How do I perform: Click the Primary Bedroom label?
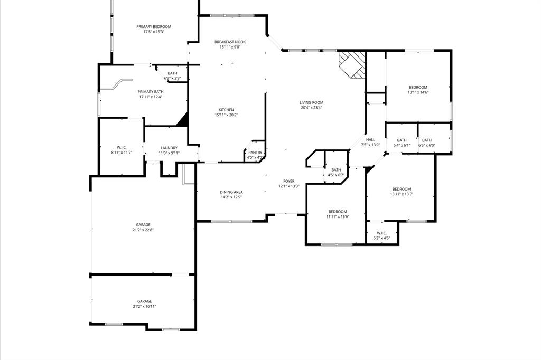pos(154,26)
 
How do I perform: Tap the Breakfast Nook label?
pos(230,42)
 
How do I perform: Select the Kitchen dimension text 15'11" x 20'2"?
pos(226,115)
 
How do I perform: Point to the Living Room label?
pos(311,102)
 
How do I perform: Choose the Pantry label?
pos(255,153)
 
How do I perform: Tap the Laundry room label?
pos(169,148)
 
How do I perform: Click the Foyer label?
pos(289,181)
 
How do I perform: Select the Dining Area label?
pos(231,192)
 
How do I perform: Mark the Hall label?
pos(370,140)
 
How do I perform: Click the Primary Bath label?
pos(151,91)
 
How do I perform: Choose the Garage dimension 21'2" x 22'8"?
pos(143,230)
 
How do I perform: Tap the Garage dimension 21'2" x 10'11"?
pos(144,306)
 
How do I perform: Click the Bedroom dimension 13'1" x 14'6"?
pos(418,92)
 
